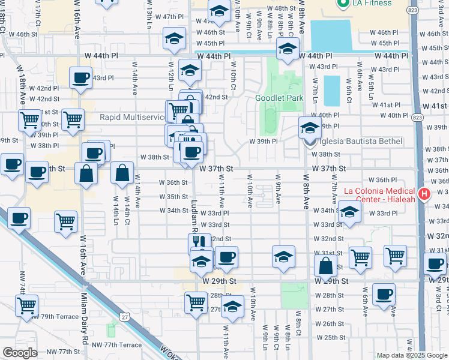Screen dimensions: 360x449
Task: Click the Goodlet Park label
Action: pyautogui.click(x=279, y=98)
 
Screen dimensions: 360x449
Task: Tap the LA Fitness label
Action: pyautogui.click(x=372, y=4)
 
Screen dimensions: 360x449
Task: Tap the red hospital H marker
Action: pyautogui.click(x=425, y=193)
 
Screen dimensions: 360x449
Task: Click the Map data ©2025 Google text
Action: pyautogui.click(x=411, y=355)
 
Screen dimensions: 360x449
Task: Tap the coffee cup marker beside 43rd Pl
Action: pyautogui.click(x=81, y=78)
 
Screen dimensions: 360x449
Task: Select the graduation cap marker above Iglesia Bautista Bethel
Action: pyautogui.click(x=310, y=127)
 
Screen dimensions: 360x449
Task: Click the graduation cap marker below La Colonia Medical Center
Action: pyautogui.click(x=350, y=211)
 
